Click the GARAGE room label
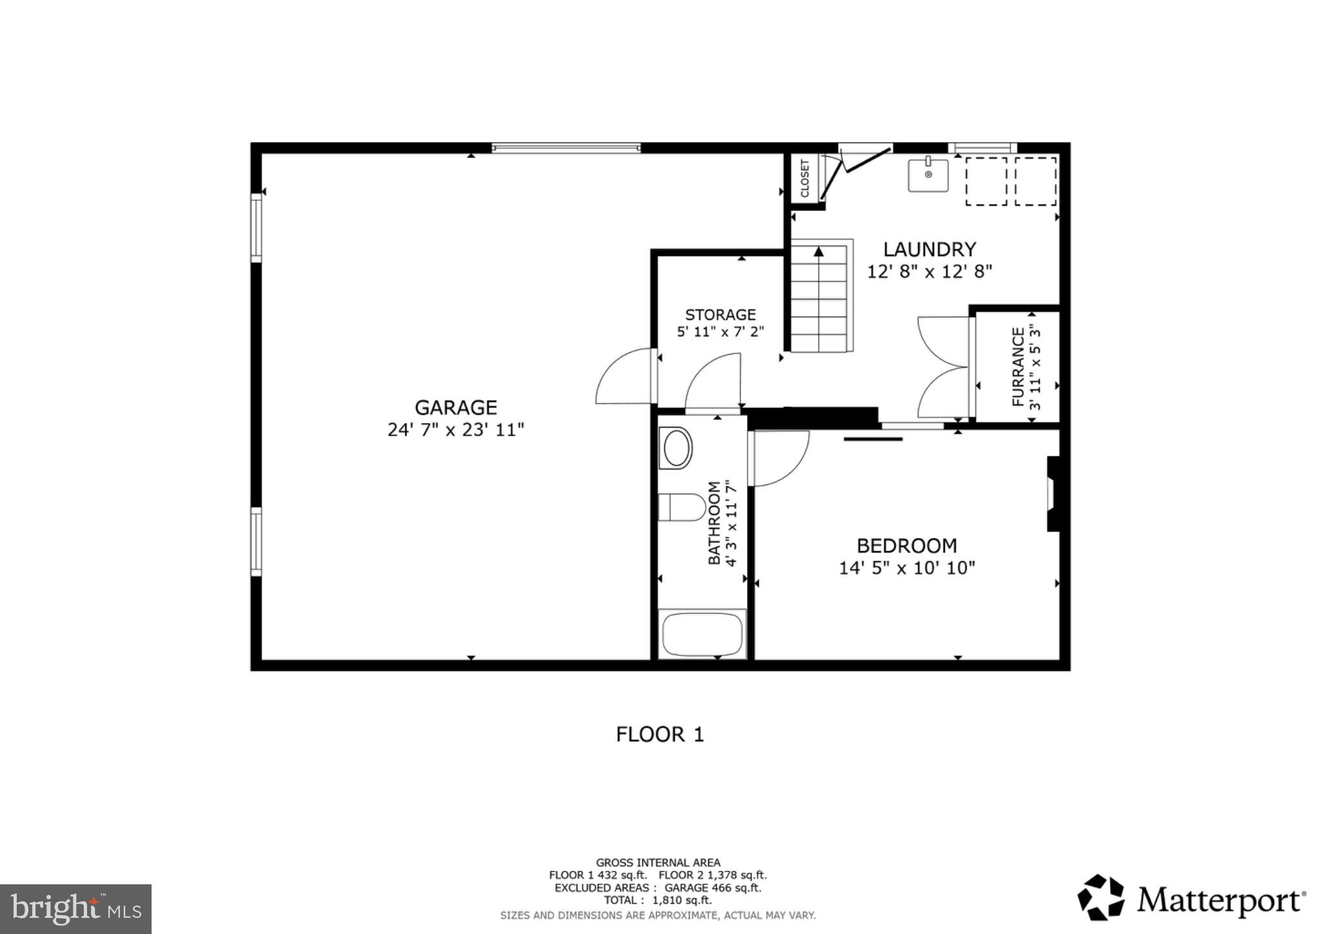[455, 408]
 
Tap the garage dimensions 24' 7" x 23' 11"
[455, 430]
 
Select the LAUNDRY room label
[929, 249]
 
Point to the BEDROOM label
[906, 546]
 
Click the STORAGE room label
[720, 315]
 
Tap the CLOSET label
[804, 178]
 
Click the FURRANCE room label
[1018, 366]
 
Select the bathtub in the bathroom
[702, 634]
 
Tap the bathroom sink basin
[676, 448]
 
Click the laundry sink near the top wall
[928, 175]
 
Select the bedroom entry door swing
[779, 458]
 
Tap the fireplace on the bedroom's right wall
[1053, 493]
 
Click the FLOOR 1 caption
[659, 734]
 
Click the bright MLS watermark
[76, 909]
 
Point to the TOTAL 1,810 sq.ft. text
[657, 900]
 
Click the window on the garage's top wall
[566, 148]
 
